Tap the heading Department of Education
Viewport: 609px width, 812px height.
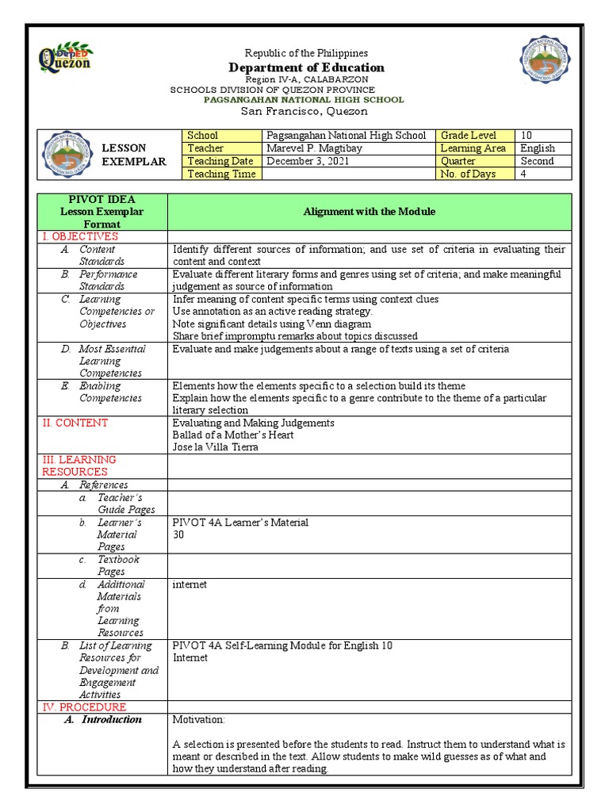(x=306, y=67)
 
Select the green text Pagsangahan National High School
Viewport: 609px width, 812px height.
(x=304, y=100)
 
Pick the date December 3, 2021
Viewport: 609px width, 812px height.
(x=307, y=161)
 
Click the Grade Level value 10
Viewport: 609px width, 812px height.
(x=527, y=136)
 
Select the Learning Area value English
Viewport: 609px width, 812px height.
(x=538, y=148)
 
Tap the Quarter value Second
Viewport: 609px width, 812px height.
(x=537, y=161)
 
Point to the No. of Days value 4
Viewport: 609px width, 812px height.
(x=524, y=174)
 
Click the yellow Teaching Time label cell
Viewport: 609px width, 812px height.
(x=221, y=174)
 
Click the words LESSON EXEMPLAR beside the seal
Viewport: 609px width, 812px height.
(x=134, y=155)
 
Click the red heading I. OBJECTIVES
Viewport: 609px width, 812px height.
(x=79, y=236)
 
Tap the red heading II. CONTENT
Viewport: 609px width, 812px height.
(x=75, y=423)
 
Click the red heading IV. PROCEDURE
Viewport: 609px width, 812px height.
(x=83, y=707)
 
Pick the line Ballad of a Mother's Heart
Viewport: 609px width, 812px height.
(x=233, y=435)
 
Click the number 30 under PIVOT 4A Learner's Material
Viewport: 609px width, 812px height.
(x=178, y=534)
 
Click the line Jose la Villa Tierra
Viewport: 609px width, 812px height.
(x=215, y=447)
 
